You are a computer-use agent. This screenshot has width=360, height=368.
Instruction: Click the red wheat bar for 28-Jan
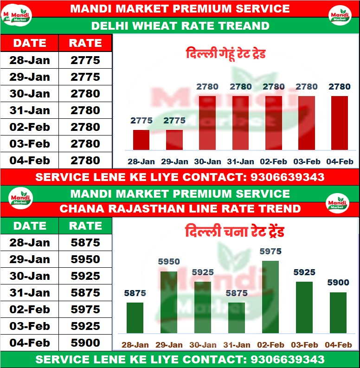(x=141, y=140)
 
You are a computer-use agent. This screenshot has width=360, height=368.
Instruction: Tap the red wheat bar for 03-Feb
(x=306, y=123)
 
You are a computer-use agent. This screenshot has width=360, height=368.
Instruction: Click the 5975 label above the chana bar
(x=270, y=252)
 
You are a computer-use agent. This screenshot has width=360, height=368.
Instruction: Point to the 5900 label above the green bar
(x=338, y=282)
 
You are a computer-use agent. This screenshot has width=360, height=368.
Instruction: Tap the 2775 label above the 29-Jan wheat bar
(x=174, y=121)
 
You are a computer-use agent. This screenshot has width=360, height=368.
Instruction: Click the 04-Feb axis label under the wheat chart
(x=340, y=161)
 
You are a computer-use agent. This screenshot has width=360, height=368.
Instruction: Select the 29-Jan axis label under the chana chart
(x=169, y=345)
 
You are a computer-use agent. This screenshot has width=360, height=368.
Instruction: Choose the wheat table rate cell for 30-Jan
(x=85, y=94)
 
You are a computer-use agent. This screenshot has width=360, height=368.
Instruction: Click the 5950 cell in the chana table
(x=85, y=259)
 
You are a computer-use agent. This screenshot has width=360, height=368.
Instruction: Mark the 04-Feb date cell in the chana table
(x=30, y=343)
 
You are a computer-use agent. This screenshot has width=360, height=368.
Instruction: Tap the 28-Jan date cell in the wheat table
(x=30, y=60)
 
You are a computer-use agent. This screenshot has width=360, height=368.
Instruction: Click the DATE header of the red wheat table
(x=30, y=43)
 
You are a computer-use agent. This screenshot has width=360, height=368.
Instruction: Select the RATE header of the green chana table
(x=85, y=226)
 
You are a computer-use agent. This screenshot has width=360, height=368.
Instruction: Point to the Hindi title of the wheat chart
(x=226, y=53)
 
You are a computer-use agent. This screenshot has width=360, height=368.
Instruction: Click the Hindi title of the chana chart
(x=234, y=232)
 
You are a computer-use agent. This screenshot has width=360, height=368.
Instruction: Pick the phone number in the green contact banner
(x=287, y=360)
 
